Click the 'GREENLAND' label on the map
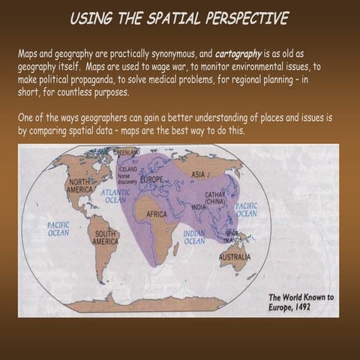point(127,151)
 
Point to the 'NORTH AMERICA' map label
point(80,186)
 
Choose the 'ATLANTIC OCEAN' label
point(115,196)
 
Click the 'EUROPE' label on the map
point(151,181)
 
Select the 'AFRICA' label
point(157,214)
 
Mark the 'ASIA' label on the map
point(199,174)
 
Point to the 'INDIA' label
point(198,207)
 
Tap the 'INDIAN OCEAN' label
point(194,238)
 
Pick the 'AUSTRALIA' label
point(235,256)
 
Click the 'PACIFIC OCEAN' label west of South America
point(58,228)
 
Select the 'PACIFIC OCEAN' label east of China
point(246,208)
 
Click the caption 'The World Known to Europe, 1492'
point(300,301)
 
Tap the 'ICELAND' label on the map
point(127,169)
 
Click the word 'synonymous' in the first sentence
point(175,55)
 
